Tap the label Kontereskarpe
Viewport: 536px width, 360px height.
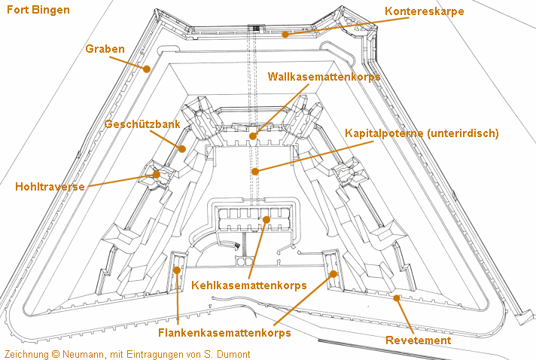[424, 11]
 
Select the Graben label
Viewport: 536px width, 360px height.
[105, 49]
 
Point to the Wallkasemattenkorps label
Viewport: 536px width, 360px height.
[324, 76]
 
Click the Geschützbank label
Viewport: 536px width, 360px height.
[142, 124]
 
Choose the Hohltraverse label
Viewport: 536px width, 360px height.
[50, 187]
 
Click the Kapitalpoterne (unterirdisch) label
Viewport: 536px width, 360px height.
[422, 133]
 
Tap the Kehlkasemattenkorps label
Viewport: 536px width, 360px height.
[249, 285]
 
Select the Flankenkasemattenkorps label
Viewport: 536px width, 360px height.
[224, 332]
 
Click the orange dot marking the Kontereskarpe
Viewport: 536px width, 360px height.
[285, 34]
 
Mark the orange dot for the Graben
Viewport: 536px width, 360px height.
[148, 69]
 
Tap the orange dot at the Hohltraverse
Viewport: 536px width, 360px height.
[157, 174]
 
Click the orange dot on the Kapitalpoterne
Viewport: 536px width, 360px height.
[255, 171]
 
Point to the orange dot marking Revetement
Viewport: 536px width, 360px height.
[397, 297]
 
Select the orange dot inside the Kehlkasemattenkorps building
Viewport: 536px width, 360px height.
[265, 219]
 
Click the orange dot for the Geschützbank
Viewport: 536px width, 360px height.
[182, 148]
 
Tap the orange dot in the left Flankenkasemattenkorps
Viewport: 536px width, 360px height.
[178, 269]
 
